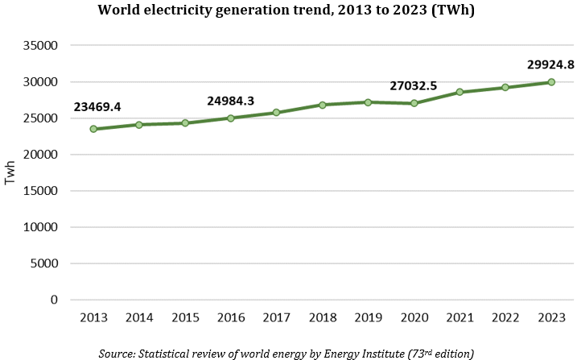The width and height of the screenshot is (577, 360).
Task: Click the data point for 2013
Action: pos(93,129)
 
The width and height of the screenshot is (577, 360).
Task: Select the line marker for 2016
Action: pos(231,118)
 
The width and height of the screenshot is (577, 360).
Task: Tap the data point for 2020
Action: pos(414,103)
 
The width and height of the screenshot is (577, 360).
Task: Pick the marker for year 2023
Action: pos(551,82)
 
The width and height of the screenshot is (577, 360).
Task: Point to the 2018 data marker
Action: pos(323,105)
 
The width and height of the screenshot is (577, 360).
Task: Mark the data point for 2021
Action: pos(460,92)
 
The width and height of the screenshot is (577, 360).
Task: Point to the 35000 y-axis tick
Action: pos(41,46)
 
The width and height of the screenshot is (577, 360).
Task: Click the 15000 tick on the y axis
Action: pos(41,191)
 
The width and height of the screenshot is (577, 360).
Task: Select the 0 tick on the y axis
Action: pos(53,300)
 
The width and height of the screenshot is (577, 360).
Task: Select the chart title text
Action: pos(288,11)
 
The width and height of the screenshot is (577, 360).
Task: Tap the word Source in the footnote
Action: pos(117,353)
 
